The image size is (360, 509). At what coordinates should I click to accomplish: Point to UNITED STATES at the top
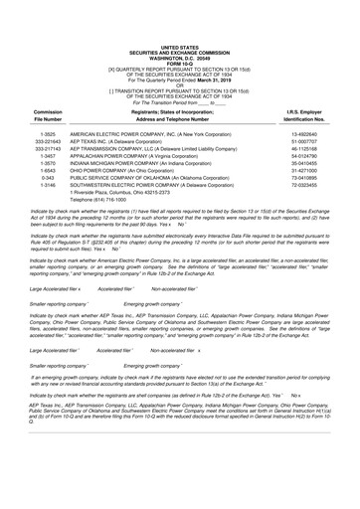(x=179, y=19)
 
